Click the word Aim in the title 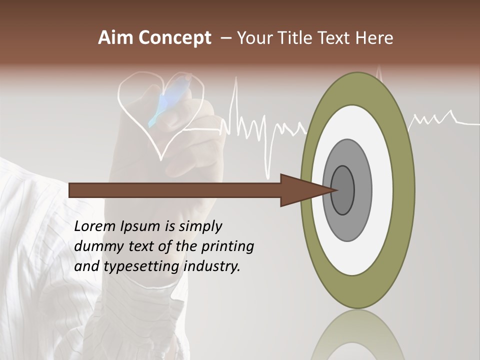pos(116,38)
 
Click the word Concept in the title pos(175,38)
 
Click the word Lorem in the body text pos(95,226)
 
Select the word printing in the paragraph pos(227,246)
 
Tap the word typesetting pos(142,266)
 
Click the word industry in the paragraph pos(212,266)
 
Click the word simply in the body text pos(200,226)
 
